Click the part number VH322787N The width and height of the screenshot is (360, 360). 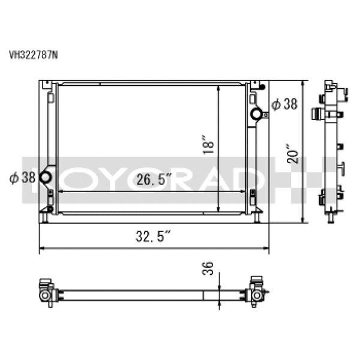(33, 55)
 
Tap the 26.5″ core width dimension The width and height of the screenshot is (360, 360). (154, 179)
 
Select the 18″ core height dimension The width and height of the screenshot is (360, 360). (208, 145)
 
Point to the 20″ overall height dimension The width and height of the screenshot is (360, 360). (293, 154)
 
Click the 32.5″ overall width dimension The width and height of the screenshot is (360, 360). (153, 236)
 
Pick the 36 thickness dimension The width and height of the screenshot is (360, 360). (208, 268)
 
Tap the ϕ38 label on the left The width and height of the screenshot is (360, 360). (23, 178)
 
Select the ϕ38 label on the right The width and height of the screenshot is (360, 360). (284, 104)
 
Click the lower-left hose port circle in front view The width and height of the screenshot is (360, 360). (45, 177)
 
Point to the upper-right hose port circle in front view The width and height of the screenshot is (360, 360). (256, 113)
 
